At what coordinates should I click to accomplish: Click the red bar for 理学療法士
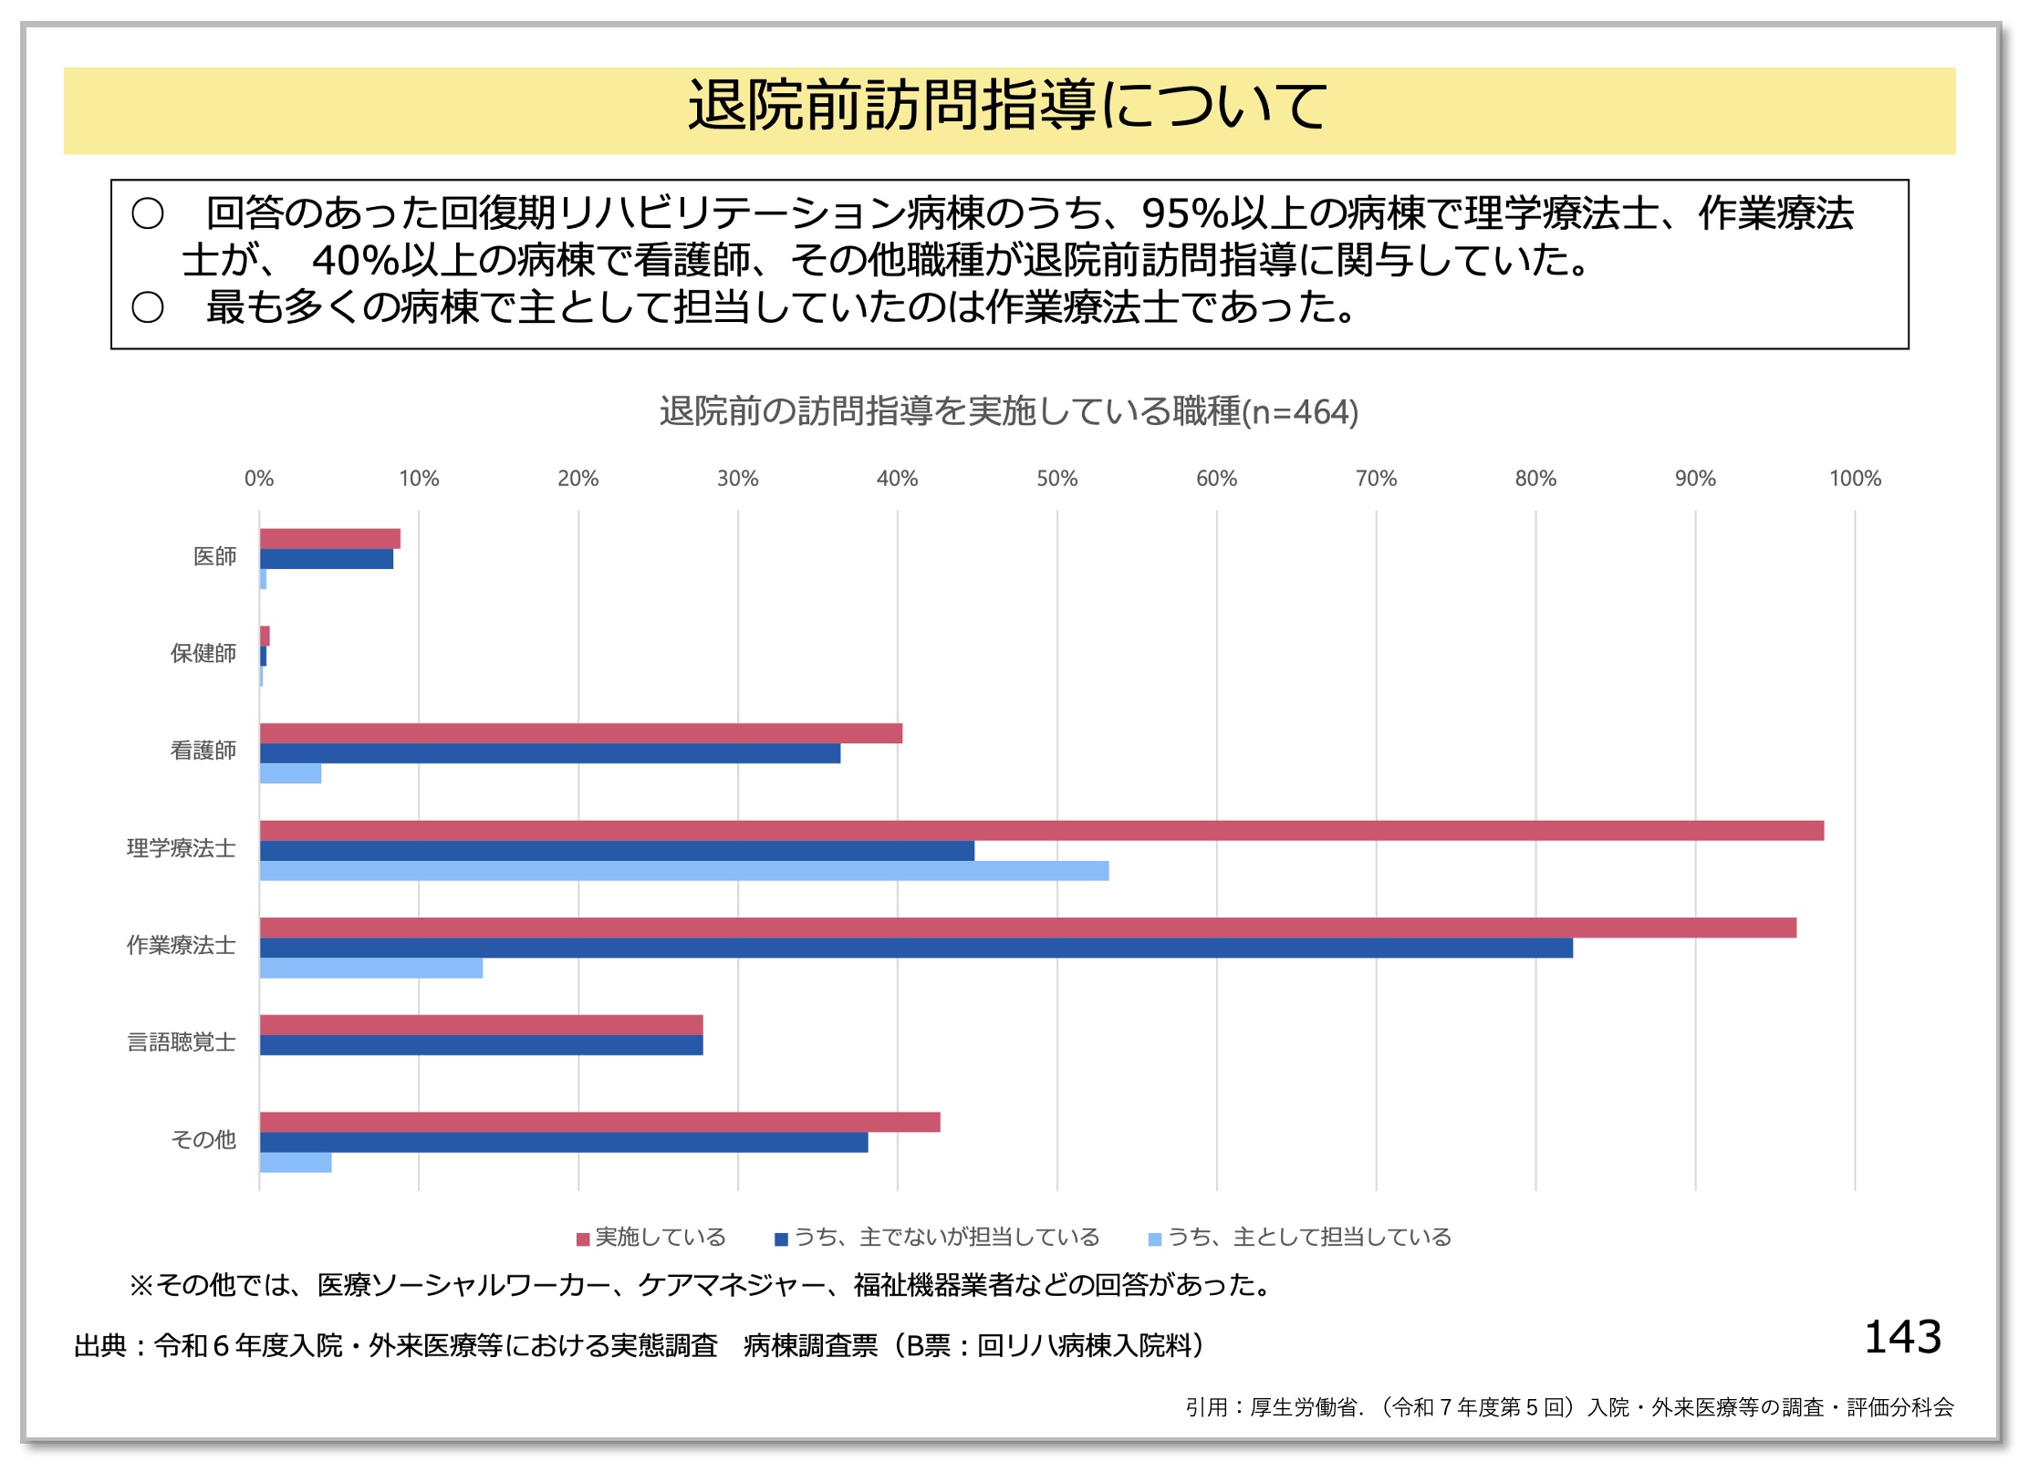[1040, 831]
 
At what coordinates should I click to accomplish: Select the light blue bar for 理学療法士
[684, 871]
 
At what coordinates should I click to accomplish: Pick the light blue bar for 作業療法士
[371, 969]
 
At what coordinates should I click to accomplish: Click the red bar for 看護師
[581, 733]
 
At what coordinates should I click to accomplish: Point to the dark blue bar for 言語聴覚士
[481, 1045]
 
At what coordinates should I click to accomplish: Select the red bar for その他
[599, 1123]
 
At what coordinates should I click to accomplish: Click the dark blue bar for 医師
[327, 559]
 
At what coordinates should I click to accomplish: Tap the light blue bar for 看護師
[290, 773]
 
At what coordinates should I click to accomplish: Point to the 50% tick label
[1056, 479]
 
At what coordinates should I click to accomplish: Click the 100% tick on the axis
[1855, 479]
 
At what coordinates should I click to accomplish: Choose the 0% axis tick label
[259, 479]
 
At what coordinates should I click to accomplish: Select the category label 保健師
[203, 654]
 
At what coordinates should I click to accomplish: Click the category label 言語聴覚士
[182, 1042]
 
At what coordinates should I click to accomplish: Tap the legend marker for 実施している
[583, 1239]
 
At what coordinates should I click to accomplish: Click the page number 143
[1903, 1338]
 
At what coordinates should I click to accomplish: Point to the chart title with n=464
[1009, 412]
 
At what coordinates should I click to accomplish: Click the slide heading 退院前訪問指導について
[1007, 107]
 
